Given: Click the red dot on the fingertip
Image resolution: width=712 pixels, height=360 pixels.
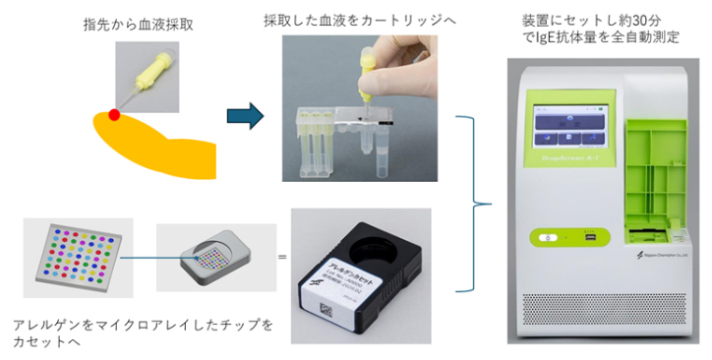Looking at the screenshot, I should tap(114, 115).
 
